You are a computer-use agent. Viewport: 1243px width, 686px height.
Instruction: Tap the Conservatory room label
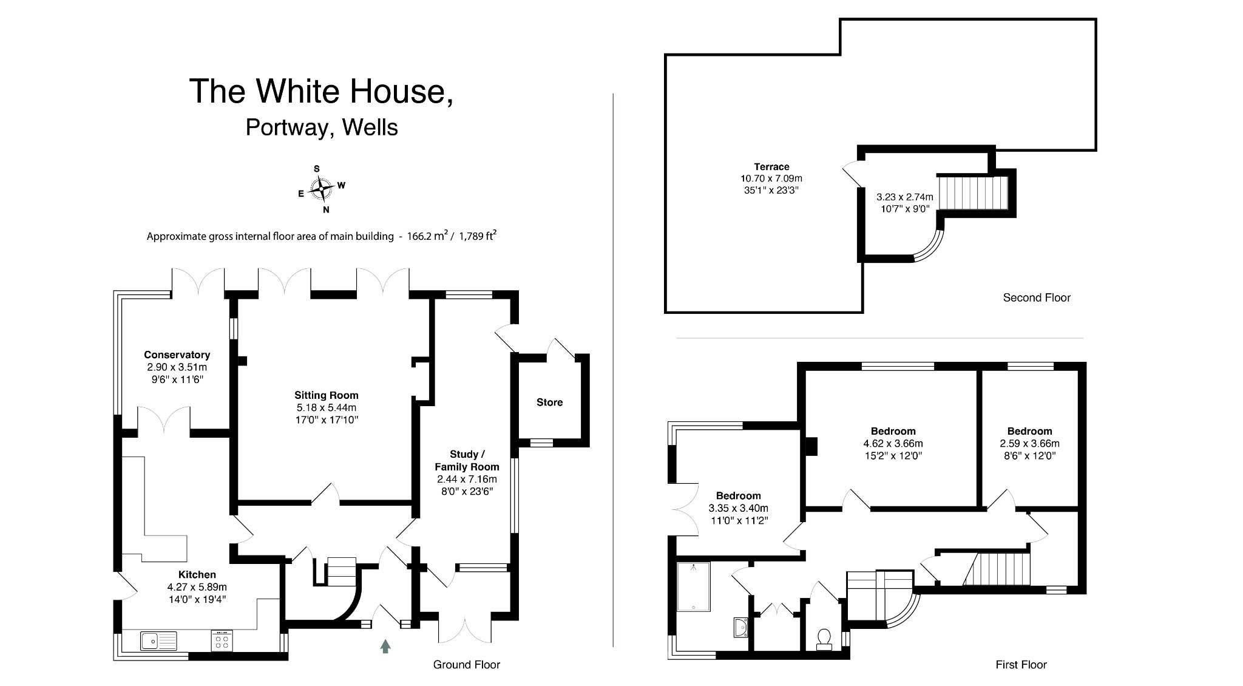(x=177, y=355)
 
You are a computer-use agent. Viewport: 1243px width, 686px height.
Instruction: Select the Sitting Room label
(x=327, y=395)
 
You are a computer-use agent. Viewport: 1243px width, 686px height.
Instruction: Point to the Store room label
(x=549, y=402)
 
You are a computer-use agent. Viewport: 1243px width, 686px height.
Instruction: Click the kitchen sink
(x=158, y=640)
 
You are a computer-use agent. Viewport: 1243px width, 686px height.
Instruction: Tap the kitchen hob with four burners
(x=222, y=641)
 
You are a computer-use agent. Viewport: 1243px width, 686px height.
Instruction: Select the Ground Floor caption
(x=466, y=665)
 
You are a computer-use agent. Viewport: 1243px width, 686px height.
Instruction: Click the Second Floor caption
(x=1037, y=297)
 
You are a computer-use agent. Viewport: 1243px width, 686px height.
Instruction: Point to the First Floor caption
(x=1021, y=665)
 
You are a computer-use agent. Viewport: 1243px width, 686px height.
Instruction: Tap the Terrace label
(x=771, y=167)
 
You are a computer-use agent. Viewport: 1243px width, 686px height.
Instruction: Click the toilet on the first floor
(x=824, y=639)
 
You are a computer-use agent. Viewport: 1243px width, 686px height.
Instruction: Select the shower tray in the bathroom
(x=693, y=586)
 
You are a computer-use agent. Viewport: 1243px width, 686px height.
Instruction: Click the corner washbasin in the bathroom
(x=740, y=628)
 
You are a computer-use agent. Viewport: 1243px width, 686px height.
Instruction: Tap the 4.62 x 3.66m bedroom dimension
(x=892, y=444)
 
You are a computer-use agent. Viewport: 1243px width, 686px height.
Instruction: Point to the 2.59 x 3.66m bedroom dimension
(x=1029, y=444)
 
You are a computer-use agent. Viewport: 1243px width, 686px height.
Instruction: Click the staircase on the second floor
(x=972, y=192)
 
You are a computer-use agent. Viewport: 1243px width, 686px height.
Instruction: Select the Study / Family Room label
(x=467, y=461)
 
